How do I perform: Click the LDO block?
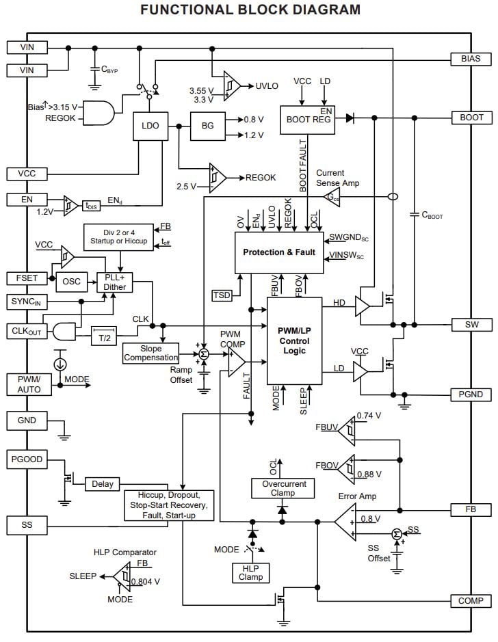(150, 126)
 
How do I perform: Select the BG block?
(207, 126)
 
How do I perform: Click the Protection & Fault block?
(278, 252)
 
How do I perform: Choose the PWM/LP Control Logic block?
(293, 340)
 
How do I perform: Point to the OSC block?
(71, 282)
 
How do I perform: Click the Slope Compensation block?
(150, 353)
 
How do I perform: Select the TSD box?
(222, 295)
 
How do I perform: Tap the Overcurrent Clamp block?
(284, 488)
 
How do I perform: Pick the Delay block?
(102, 484)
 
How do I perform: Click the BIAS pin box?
(471, 59)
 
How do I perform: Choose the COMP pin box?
(471, 601)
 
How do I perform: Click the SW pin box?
(471, 324)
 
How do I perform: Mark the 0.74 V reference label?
(370, 416)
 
